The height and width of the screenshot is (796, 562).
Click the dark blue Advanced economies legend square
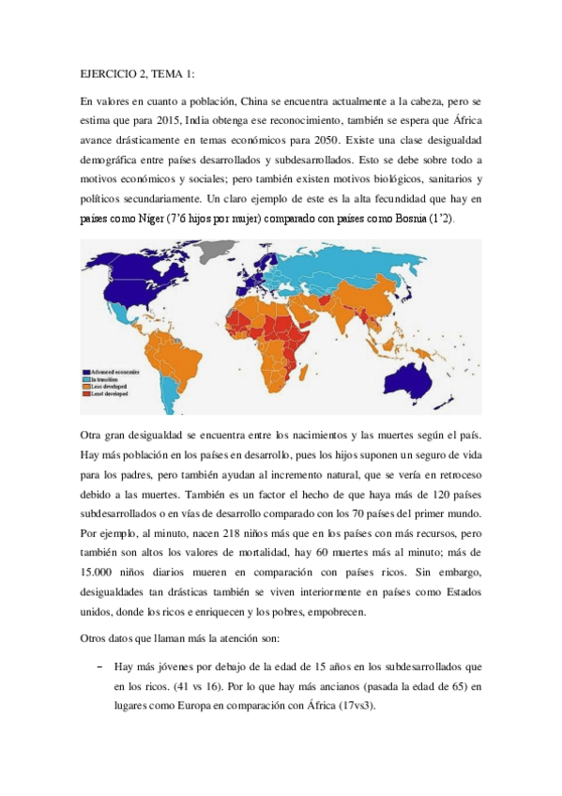pos(86,373)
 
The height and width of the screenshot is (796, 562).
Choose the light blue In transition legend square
pos(86,381)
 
